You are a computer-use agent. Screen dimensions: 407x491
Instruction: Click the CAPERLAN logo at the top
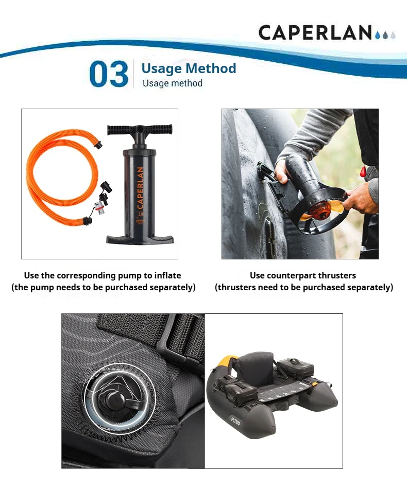click(327, 32)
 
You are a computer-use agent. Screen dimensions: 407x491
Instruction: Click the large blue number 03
click(109, 74)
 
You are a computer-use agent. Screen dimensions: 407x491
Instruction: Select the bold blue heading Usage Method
click(189, 68)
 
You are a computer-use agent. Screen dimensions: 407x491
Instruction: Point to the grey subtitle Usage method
click(173, 83)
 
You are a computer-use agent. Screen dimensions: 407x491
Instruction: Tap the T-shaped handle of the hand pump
click(140, 130)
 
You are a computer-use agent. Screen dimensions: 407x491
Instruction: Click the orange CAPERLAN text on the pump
click(140, 188)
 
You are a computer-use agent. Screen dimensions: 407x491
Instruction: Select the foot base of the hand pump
click(140, 238)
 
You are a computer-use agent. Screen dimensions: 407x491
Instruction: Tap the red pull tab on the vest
click(363, 171)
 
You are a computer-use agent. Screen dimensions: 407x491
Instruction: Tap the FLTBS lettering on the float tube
click(235, 421)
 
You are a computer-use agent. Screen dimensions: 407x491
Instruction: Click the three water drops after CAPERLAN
click(385, 35)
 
